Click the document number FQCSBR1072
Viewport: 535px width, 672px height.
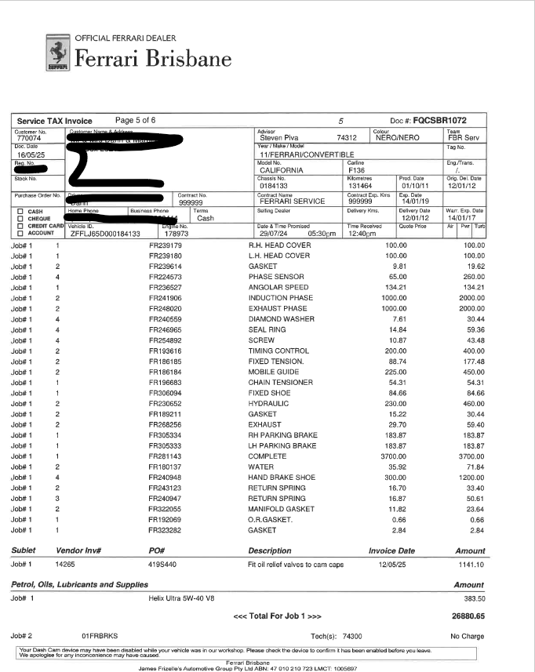click(439, 120)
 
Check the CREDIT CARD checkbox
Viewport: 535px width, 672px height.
click(20, 226)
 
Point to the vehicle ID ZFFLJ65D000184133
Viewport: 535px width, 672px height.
click(105, 234)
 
